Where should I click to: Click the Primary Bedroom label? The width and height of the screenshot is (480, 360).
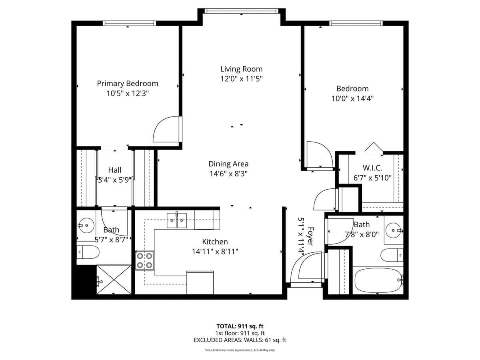tap(127, 84)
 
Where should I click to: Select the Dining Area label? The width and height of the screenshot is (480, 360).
tap(228, 164)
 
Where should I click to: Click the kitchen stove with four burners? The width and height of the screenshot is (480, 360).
tap(144, 260)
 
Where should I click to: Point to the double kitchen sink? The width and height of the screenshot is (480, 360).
tap(176, 220)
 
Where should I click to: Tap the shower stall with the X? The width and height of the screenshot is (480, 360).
tap(114, 280)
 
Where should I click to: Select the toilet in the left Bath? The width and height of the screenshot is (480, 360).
tap(88, 252)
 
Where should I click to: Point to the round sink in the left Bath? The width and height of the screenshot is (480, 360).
tap(86, 226)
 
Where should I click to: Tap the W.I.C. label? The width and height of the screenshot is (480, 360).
tap(372, 168)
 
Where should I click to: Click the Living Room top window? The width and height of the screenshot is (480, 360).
tap(241, 11)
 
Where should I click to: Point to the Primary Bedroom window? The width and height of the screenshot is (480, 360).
tap(129, 23)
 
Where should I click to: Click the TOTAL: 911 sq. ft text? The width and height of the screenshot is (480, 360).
tap(240, 326)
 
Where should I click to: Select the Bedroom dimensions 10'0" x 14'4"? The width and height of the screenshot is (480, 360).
tap(352, 98)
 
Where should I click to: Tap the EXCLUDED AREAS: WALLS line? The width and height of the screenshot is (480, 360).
tap(240, 340)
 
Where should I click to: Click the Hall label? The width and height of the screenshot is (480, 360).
tap(115, 170)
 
